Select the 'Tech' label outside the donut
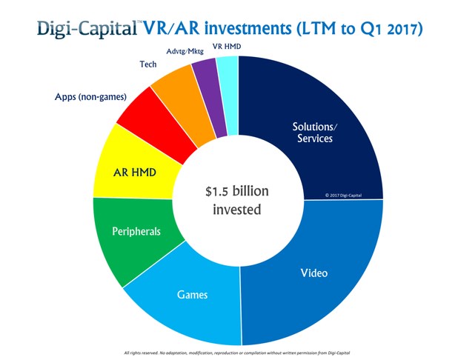click(147, 64)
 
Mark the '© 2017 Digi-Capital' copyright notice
click(346, 196)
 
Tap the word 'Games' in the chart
click(192, 295)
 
